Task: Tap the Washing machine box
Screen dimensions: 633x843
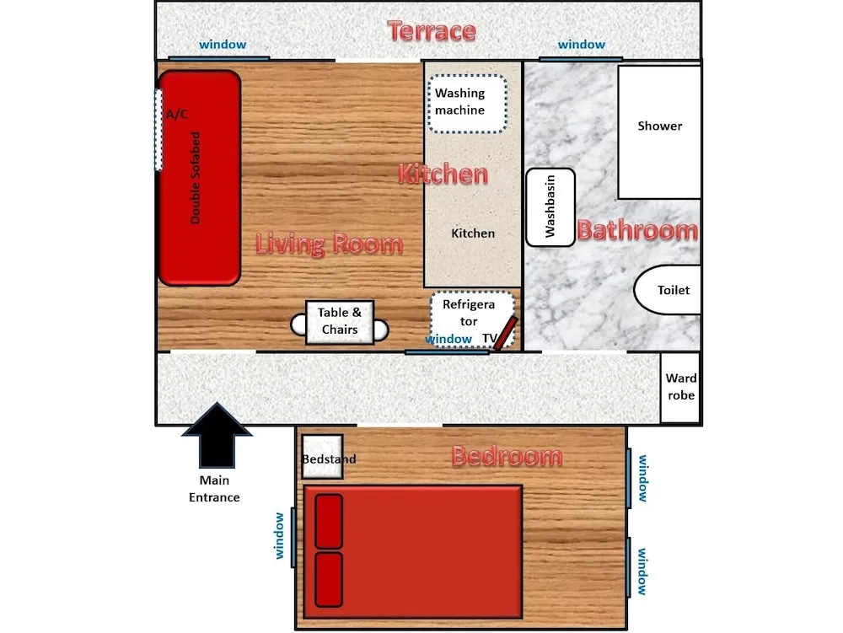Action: point(467,104)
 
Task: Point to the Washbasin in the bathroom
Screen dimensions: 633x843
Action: point(550,207)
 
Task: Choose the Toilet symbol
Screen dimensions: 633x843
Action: point(667,290)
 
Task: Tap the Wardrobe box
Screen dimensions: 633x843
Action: point(680,387)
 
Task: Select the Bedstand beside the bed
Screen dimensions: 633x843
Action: point(323,457)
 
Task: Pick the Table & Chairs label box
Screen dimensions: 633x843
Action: point(340,321)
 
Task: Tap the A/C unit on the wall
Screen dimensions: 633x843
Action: point(159,131)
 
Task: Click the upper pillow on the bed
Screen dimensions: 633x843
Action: point(329,522)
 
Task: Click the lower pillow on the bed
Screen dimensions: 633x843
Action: point(329,579)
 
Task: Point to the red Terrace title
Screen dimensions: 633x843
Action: point(432,31)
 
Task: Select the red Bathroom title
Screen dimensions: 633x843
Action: point(637,230)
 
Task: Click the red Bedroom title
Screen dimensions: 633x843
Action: point(507,456)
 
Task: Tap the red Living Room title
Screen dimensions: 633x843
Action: point(329,244)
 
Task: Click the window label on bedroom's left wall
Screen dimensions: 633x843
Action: point(280,535)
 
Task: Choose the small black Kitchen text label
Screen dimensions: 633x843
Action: point(473,233)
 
